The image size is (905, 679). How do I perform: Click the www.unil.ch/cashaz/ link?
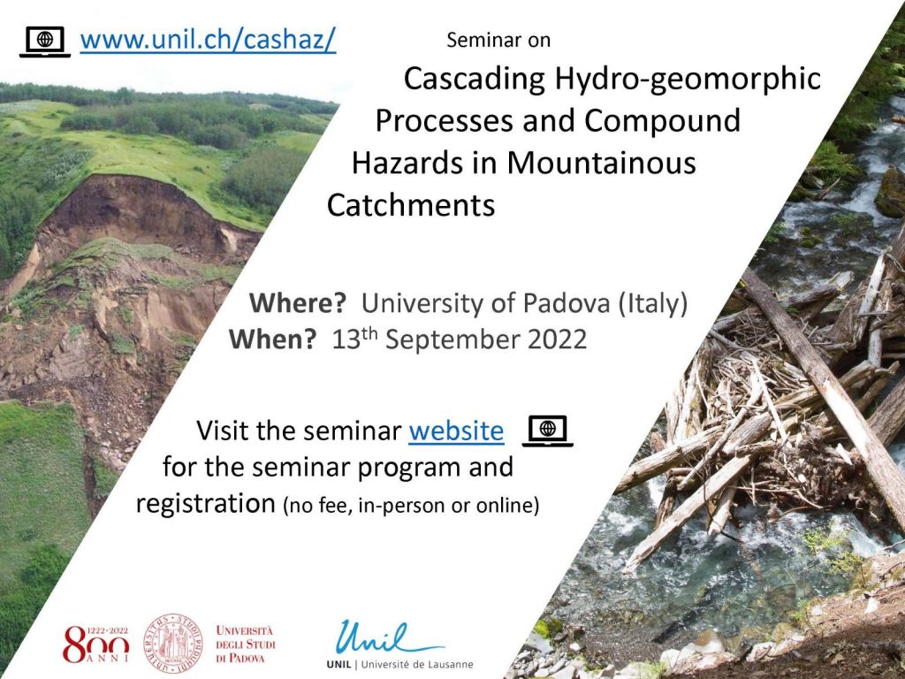[208, 40]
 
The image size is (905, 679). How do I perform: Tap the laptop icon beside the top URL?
[45, 42]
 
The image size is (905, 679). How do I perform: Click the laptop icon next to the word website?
[548, 431]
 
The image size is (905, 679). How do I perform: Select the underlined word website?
[456, 431]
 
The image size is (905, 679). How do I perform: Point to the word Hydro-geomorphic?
[688, 79]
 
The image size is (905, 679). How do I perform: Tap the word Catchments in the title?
[411, 204]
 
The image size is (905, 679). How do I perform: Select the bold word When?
[273, 339]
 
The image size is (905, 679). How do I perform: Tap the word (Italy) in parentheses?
[653, 303]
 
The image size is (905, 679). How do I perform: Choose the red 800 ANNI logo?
[95, 644]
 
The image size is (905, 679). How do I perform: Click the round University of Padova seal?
[173, 644]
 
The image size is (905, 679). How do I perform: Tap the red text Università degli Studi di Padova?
[246, 644]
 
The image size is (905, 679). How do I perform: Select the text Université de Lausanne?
[417, 665]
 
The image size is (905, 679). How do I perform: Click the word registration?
[205, 503]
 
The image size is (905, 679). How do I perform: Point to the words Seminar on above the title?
[498, 40]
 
